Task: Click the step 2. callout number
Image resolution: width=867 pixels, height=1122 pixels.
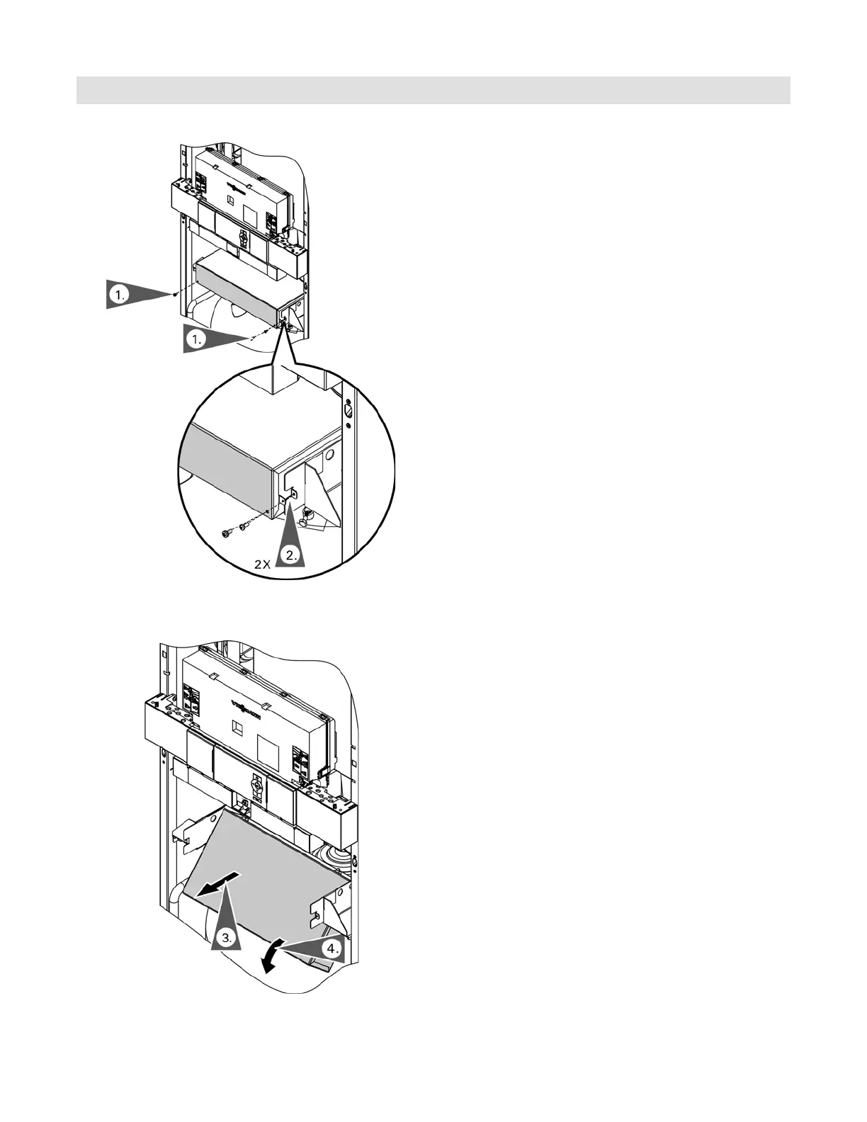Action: pyautogui.click(x=289, y=556)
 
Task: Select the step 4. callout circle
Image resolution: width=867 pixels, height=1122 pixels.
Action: pyautogui.click(x=331, y=948)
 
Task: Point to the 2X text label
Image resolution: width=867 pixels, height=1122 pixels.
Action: pyautogui.click(x=263, y=565)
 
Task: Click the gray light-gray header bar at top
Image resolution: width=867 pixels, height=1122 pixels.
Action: pyautogui.click(x=433, y=90)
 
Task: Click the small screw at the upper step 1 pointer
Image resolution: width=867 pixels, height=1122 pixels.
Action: pyautogui.click(x=174, y=293)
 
